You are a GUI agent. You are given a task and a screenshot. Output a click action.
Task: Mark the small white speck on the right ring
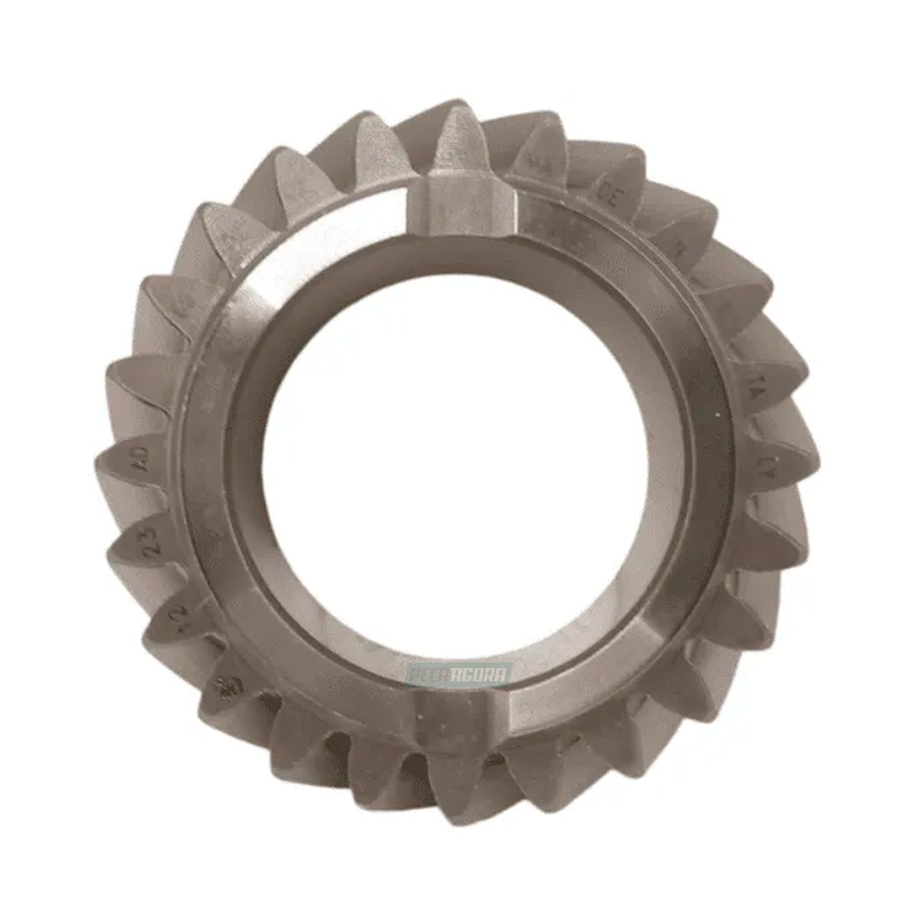click(718, 413)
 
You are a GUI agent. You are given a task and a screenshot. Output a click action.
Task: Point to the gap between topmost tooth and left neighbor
click(416, 164)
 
